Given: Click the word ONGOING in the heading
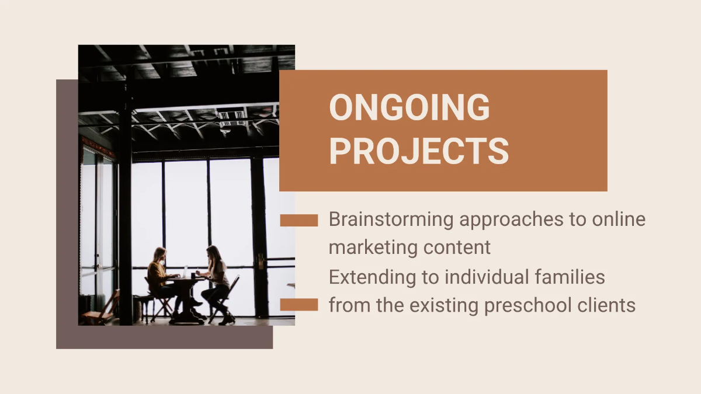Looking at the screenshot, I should (409, 107).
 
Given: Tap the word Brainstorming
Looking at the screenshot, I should (391, 219).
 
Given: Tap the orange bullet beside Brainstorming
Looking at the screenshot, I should (299, 220).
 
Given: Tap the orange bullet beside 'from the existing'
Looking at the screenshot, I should (299, 305).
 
